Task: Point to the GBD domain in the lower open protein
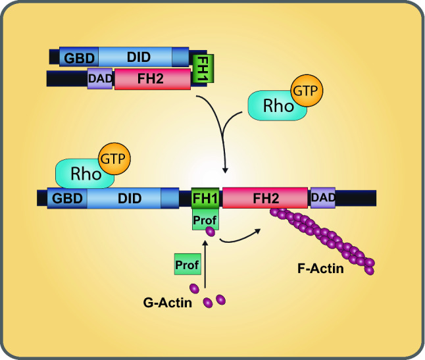[x=67, y=198]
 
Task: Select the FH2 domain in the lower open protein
[x=265, y=198]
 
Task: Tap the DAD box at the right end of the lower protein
[x=322, y=198]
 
